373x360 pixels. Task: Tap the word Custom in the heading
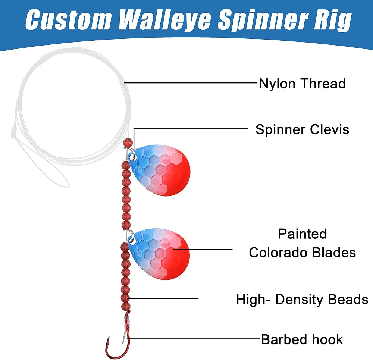68,19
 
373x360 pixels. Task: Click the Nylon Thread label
302,84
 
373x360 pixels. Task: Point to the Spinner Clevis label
302,130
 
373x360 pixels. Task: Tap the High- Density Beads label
302,299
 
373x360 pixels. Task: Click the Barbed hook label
302,339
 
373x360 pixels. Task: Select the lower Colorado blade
159,254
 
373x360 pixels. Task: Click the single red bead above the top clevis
128,143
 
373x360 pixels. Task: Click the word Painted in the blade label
302,234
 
